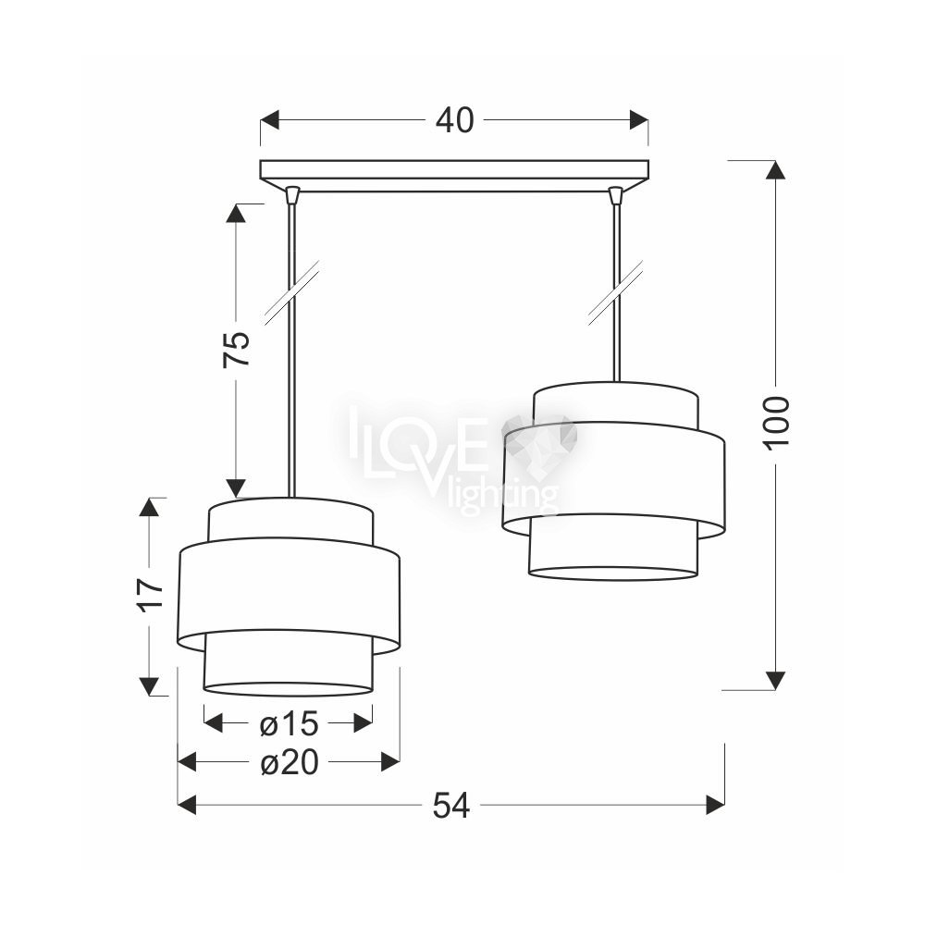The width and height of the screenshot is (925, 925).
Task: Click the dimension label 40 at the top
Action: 454,120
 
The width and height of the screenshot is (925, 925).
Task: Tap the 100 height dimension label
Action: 777,424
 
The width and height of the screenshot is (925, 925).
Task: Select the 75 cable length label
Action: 237,350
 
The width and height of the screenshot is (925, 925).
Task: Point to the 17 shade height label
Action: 150,595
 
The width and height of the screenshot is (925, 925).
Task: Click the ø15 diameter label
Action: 289,723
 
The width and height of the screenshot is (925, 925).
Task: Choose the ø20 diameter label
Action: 289,763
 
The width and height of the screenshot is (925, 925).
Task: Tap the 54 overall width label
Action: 451,805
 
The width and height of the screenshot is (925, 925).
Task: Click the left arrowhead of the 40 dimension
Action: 269,120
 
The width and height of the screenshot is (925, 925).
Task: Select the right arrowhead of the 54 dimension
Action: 716,805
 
